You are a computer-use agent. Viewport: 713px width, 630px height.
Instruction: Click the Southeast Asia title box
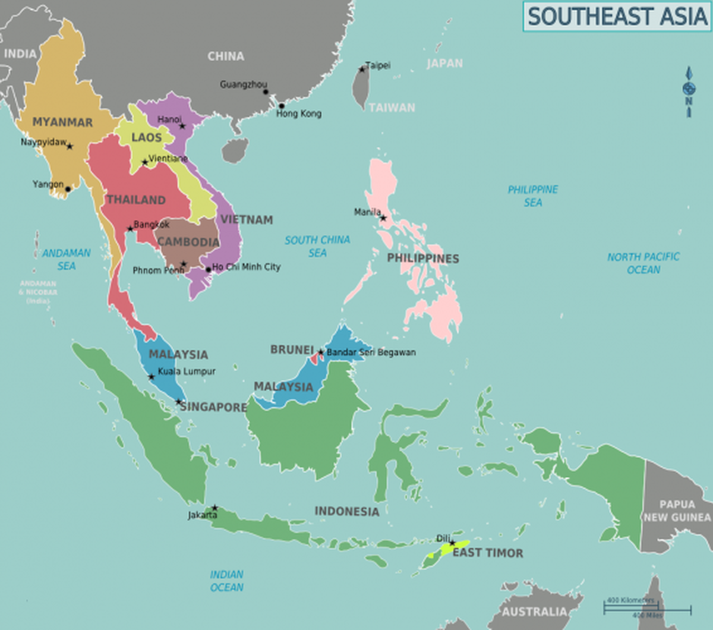tap(616, 16)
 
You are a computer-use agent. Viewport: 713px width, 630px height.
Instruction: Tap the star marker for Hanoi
tap(182, 126)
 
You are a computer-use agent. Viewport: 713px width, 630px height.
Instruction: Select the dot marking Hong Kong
tap(282, 106)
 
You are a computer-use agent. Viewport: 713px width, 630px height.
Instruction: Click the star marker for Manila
tap(383, 218)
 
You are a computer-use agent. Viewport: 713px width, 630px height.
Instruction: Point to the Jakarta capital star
tap(215, 508)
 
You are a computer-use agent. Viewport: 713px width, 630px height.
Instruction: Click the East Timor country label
tap(488, 553)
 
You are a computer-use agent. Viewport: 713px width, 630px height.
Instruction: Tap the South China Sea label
tap(317, 246)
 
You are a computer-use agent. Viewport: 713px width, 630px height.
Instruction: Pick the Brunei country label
tap(292, 350)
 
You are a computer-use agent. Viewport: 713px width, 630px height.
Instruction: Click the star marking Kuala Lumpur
tap(152, 377)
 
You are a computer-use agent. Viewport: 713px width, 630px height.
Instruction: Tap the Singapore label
tap(213, 407)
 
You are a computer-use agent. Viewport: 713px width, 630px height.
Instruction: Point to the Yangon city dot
tap(68, 190)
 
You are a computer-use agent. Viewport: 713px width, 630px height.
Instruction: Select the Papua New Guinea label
tap(677, 511)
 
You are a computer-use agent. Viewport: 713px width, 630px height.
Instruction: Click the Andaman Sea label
tap(67, 259)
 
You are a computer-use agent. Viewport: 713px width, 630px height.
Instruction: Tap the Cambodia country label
tap(188, 242)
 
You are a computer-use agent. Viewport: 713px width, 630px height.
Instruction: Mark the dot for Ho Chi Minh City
tap(208, 270)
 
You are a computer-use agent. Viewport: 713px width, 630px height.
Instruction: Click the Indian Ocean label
tap(226, 581)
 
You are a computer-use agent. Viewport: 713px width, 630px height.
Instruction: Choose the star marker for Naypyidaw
tap(70, 146)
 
